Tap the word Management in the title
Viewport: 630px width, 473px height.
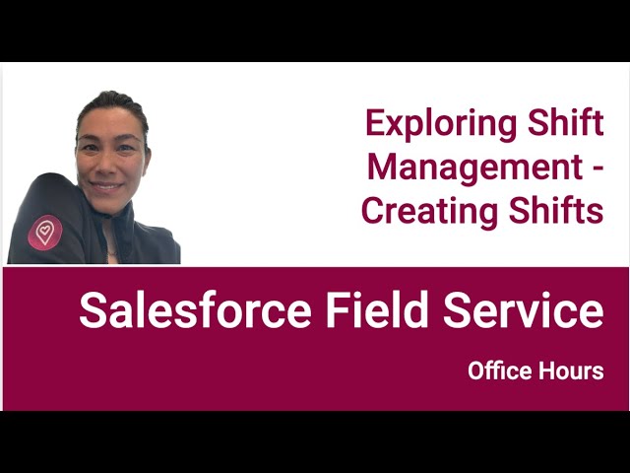[474, 168]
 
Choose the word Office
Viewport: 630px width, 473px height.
[498, 372]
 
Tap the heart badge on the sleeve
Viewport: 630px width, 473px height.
[44, 233]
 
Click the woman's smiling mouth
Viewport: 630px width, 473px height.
[108, 184]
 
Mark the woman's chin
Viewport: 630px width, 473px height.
[109, 203]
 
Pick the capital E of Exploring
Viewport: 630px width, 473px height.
[374, 124]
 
